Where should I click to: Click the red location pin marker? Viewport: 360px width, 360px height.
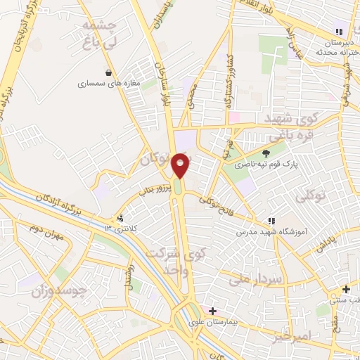[x=181, y=166]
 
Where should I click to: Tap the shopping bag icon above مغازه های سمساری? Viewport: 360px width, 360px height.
[x=108, y=72]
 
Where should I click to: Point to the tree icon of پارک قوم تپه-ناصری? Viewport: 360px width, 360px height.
[x=266, y=153]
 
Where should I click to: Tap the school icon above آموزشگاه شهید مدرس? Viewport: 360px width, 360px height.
[x=271, y=221]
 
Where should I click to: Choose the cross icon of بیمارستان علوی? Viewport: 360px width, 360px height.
[x=213, y=310]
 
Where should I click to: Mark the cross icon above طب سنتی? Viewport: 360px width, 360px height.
[x=346, y=289]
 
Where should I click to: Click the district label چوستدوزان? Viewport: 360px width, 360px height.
[x=63, y=289]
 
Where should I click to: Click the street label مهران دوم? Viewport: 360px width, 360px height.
[x=47, y=232]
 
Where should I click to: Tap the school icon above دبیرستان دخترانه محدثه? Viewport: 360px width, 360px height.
[x=340, y=31]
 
